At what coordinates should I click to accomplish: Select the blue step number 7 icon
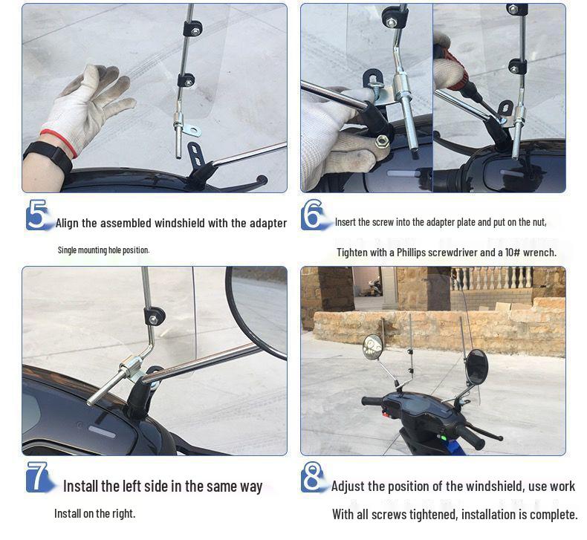(x=38, y=477)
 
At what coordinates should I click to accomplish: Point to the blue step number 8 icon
(x=314, y=477)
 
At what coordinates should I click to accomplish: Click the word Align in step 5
(x=71, y=223)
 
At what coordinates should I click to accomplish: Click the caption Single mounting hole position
(x=103, y=250)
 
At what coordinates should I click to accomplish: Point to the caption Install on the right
(x=94, y=513)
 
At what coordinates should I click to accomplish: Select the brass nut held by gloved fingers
(x=382, y=140)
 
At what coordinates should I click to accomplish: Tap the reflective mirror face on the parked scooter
(x=372, y=345)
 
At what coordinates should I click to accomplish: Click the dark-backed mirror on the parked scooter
(x=476, y=366)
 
